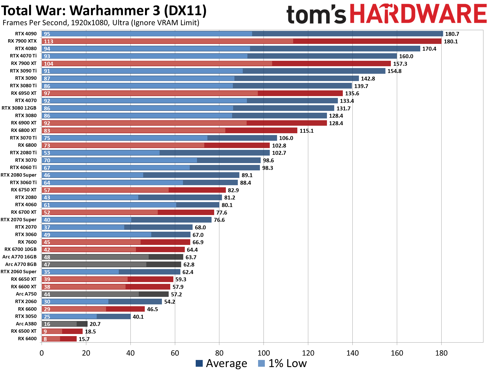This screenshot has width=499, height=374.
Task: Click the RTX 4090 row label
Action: [x=26, y=34]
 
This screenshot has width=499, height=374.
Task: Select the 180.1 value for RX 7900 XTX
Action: [x=451, y=41]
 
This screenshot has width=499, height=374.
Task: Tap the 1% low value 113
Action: [x=48, y=41]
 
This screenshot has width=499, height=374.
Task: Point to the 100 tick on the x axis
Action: [x=264, y=353]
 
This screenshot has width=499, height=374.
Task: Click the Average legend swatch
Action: [x=199, y=363]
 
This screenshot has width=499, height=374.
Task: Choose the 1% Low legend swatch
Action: [x=261, y=363]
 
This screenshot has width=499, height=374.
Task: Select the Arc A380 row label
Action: [x=26, y=324]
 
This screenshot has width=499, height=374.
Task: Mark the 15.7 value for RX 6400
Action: [x=84, y=339]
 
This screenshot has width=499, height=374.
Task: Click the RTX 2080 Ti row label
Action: [x=23, y=152]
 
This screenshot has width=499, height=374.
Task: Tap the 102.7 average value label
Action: [x=279, y=153]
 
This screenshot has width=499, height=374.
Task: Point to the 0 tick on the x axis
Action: [x=42, y=353]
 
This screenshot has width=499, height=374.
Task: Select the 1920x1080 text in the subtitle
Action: [x=89, y=23]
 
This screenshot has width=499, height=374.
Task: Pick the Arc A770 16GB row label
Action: [x=19, y=257]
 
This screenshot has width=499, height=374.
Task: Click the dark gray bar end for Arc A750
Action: [x=154, y=294]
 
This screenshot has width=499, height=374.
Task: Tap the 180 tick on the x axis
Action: [x=441, y=353]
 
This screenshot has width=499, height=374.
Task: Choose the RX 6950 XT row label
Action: [x=24, y=93]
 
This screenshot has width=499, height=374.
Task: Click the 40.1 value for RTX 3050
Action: [x=138, y=317]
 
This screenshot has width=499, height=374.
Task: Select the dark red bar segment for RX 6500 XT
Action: [x=72, y=331]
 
